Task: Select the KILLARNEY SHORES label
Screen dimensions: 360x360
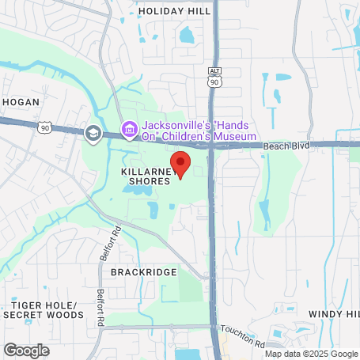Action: (146, 176)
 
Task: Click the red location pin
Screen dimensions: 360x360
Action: (180, 164)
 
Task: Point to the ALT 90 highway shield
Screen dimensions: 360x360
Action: (214, 76)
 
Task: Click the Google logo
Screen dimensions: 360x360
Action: (26, 350)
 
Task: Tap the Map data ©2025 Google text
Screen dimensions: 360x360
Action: (311, 354)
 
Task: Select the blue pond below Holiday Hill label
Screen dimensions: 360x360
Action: (186, 36)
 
